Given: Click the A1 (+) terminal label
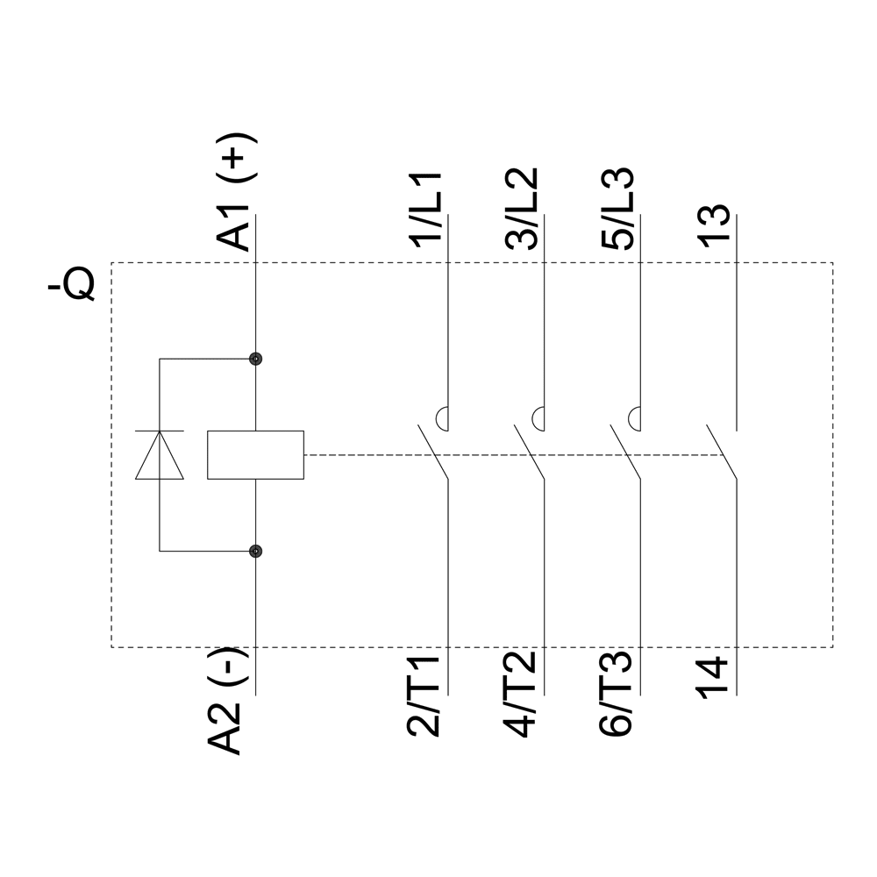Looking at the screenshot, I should [237, 194].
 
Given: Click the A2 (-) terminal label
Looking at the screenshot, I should [227, 702].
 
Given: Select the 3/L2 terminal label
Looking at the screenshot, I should [524, 210].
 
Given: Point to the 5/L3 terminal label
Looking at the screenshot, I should [619, 210].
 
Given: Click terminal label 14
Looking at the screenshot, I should [715, 678].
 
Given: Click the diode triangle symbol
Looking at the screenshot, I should [160, 455].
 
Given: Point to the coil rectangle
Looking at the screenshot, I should [255, 455].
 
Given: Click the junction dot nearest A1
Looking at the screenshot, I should [255, 359].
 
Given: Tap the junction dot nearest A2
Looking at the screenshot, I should [255, 552].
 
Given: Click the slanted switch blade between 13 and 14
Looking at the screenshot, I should [721, 453].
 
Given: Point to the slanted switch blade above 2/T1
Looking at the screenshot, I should [433, 453].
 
